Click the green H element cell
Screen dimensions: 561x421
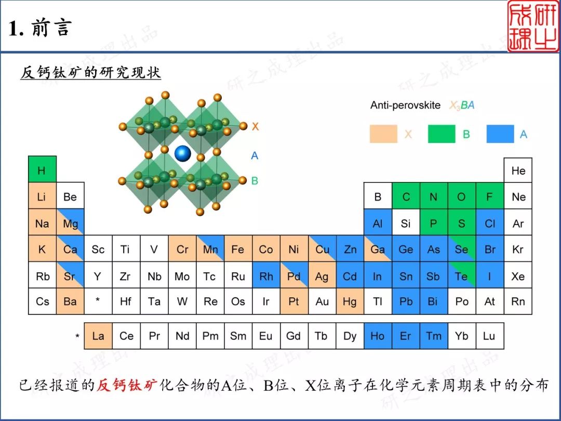[x=42, y=169]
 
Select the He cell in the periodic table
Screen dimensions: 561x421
[x=518, y=170]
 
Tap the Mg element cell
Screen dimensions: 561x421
[x=70, y=222]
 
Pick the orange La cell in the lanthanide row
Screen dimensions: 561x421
[x=98, y=336]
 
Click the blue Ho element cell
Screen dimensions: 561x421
[x=378, y=336]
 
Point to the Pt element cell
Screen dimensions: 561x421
[x=294, y=301]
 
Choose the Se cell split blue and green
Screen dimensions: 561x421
[x=462, y=249]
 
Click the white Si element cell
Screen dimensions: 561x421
[x=406, y=222]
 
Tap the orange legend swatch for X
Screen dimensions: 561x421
[x=383, y=134]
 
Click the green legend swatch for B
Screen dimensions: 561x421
[x=442, y=134]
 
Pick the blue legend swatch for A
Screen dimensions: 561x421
[x=500, y=134]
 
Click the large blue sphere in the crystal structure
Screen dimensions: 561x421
[x=183, y=153]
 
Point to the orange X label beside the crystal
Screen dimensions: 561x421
[x=255, y=126]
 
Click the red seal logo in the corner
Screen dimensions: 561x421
[x=533, y=26]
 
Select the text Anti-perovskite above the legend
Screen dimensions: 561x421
[x=405, y=105]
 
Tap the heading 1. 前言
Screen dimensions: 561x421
[x=40, y=28]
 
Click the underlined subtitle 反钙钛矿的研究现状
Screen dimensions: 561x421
[x=90, y=72]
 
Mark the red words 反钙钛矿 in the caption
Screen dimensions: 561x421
[x=127, y=385]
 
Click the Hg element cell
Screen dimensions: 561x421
[x=350, y=301]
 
